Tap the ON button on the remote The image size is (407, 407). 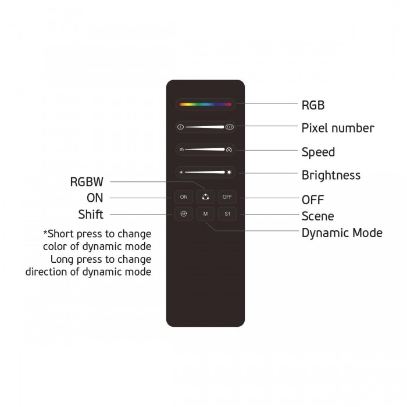pyautogui.click(x=184, y=197)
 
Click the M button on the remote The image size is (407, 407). pyautogui.click(x=205, y=214)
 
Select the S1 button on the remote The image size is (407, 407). pyautogui.click(x=227, y=214)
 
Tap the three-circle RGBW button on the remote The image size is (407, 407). pyautogui.click(x=205, y=197)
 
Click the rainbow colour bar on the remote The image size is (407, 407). pyautogui.click(x=205, y=104)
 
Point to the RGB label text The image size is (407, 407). pyautogui.click(x=313, y=105)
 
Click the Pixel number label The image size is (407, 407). pyautogui.click(x=338, y=128)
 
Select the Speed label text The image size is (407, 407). pyautogui.click(x=318, y=152)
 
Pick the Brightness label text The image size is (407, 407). pyautogui.click(x=331, y=175)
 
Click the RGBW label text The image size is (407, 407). pyautogui.click(x=87, y=181)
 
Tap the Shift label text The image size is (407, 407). pyautogui.click(x=91, y=215)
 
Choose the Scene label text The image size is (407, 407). pyautogui.click(x=317, y=216)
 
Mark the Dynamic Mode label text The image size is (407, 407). pyautogui.click(x=342, y=233)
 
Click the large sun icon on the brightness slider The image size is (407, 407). pyautogui.click(x=229, y=172)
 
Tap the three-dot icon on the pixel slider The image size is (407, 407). pyautogui.click(x=230, y=127)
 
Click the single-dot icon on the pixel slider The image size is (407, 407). pyautogui.click(x=181, y=127)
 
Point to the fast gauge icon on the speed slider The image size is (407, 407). pyautogui.click(x=229, y=149)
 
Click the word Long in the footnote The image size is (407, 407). pyautogui.click(x=62, y=259)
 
